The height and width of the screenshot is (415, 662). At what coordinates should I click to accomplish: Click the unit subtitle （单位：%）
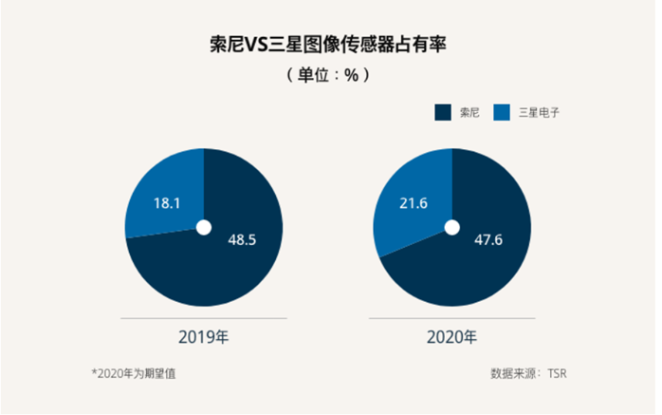(327, 74)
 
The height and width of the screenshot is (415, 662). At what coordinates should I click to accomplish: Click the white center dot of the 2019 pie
(203, 227)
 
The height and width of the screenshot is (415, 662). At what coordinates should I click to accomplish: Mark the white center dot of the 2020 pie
(452, 227)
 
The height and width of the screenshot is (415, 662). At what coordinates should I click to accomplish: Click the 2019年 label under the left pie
(202, 337)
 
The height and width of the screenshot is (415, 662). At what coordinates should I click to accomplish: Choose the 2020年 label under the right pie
(452, 337)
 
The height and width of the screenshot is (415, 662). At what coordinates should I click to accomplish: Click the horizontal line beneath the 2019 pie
(202, 320)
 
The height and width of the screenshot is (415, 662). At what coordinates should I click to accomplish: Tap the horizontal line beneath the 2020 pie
(452, 320)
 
